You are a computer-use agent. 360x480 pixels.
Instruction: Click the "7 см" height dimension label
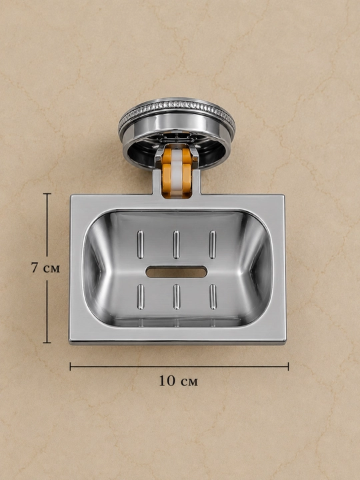45,268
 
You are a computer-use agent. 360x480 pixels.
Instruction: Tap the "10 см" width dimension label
179,381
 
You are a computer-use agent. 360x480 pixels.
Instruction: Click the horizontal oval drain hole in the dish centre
176,272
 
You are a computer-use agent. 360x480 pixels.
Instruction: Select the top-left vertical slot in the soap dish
140,245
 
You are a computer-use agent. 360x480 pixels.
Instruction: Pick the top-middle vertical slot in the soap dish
176,245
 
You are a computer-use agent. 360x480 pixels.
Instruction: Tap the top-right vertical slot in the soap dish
213,245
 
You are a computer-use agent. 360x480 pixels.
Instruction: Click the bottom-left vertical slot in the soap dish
141,297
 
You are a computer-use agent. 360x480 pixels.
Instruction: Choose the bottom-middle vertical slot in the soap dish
176,297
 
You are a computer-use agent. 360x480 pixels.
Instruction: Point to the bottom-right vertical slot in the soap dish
213,297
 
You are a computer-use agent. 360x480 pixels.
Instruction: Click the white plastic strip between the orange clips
177,172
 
